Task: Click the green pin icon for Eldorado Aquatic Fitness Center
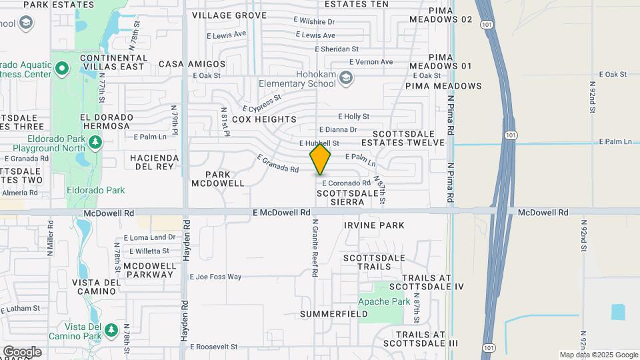coord(62,68)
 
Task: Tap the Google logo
coord(22,352)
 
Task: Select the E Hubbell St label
coord(319,143)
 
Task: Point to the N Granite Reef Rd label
coord(314,248)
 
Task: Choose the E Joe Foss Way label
coord(215,277)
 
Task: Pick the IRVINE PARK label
coord(374,225)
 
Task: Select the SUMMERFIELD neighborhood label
coord(334,313)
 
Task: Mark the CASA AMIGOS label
coord(192,64)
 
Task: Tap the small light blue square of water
coord(618,311)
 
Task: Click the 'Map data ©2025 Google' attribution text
coord(598,355)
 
